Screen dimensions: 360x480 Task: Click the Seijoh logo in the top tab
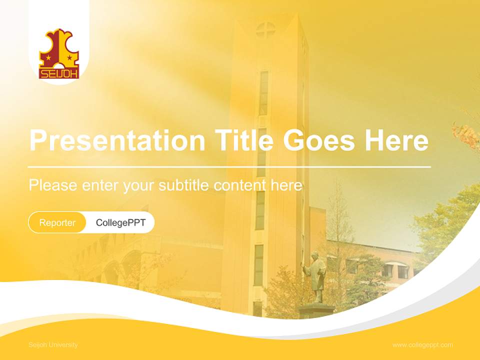(59, 54)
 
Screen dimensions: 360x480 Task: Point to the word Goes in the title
(319, 140)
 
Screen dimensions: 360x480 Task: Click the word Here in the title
(396, 140)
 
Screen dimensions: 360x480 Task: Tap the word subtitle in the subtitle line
(184, 185)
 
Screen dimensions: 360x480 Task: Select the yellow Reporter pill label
(57, 222)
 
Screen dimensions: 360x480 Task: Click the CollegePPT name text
(120, 222)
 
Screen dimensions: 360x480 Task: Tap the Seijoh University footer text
(53, 345)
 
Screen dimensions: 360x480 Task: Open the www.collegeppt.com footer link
(422, 345)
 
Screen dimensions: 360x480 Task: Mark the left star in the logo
(48, 58)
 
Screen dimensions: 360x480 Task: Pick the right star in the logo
(69, 58)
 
